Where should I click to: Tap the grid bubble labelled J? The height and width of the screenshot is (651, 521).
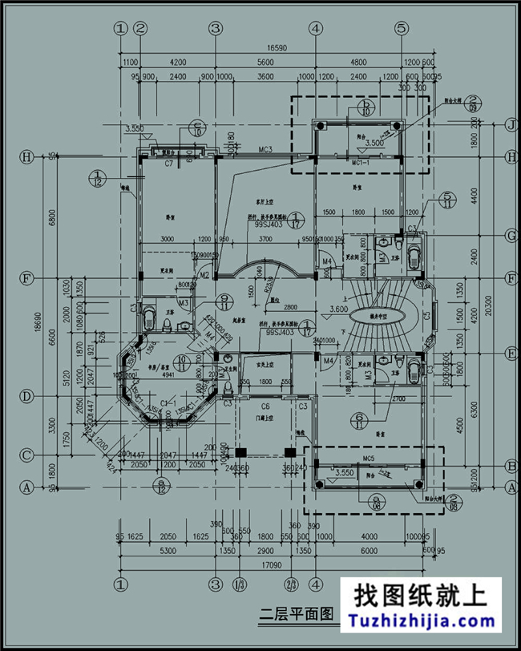click(509, 125)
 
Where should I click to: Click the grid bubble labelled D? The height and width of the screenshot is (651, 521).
click(26, 397)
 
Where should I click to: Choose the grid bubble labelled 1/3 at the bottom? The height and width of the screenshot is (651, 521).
click(238, 584)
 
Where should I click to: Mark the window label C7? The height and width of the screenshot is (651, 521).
click(169, 164)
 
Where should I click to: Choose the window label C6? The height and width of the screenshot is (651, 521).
click(265, 407)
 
